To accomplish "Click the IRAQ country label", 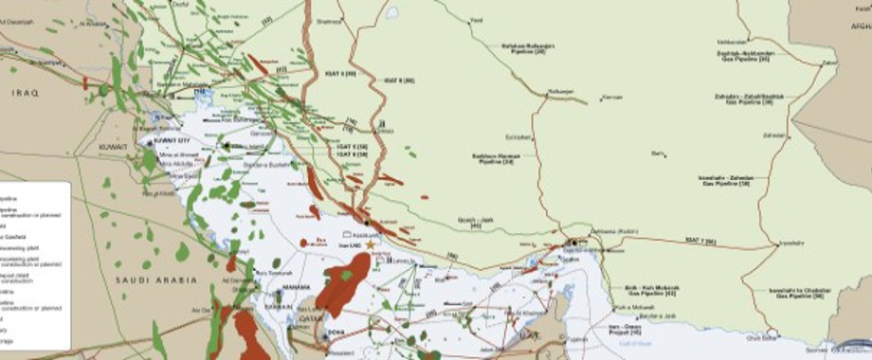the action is pos(23,93).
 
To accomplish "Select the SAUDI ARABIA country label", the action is pos(156,279).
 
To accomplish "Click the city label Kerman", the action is pos(612,98).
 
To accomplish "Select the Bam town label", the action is pos(657,153).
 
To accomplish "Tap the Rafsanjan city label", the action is pos(561,91).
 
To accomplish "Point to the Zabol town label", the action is pos(828,63).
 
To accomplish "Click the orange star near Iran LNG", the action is pos(371,244).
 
